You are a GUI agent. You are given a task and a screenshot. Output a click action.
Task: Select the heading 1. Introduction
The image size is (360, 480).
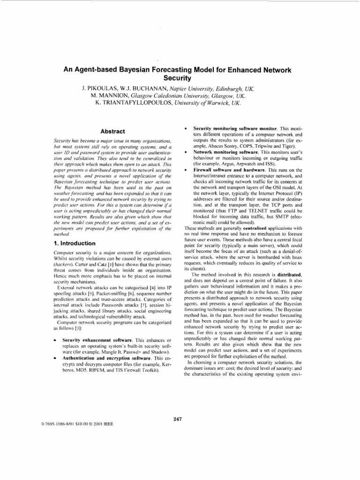pyautogui.click(x=74, y=243)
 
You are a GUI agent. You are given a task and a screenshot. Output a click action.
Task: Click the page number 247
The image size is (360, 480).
pyautogui.click(x=177, y=419)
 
